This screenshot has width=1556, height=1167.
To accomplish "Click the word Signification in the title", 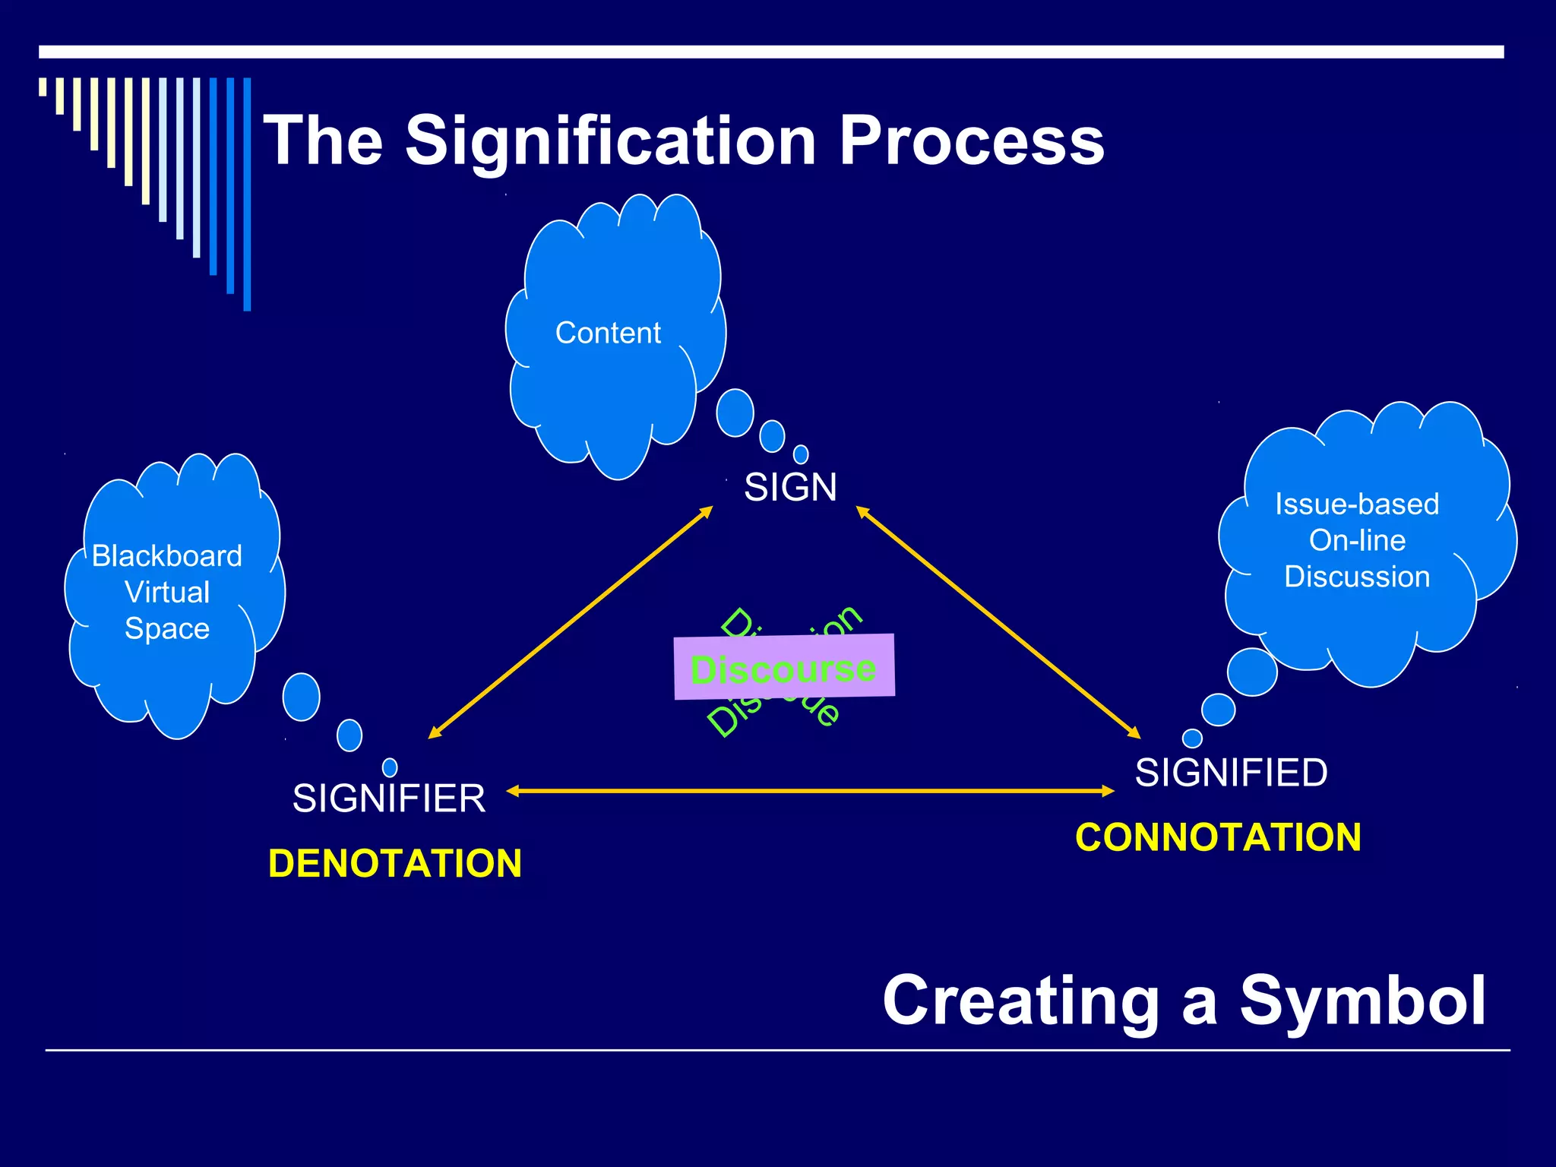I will coord(612,141).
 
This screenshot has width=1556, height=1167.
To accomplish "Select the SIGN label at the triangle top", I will coord(790,487).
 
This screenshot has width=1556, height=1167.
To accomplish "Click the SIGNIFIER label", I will coord(389,799).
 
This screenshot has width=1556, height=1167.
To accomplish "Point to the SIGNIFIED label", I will coord(1231,773).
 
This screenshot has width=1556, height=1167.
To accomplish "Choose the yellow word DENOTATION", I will coord(395,864).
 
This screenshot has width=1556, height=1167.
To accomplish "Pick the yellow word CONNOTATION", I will coord(1218,837).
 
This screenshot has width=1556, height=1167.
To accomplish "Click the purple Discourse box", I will coord(784,667).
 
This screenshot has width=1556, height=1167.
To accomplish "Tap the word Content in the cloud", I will coord(608,333).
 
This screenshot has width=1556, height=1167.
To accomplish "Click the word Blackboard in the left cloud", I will coord(167,556).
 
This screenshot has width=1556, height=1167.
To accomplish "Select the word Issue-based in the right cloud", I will coord(1357,504).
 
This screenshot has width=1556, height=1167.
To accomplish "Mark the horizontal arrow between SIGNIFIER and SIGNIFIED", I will coord(810,791).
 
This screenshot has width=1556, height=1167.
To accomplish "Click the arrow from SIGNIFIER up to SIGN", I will coord(570,622).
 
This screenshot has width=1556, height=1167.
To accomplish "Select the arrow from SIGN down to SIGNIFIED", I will coord(998,622).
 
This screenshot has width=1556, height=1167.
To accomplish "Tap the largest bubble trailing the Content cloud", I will coord(735,413).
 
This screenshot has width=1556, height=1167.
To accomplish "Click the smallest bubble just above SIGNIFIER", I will coord(390,767).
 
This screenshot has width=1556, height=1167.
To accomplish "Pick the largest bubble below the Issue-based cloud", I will coord(1251,672).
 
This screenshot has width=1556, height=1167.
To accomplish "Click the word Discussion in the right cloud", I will coord(1357,577).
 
